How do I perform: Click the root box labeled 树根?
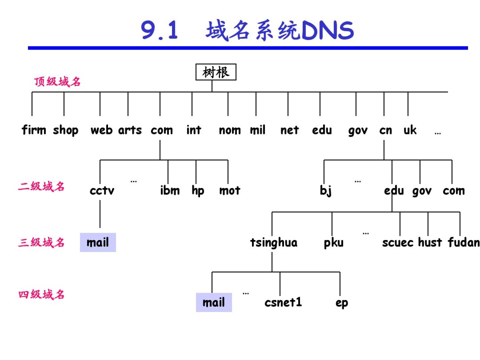pos(216,72)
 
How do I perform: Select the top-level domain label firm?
pos(34,130)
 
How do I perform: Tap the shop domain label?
pos(66,130)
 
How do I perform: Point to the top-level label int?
pos(194,130)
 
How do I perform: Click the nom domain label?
pos(230,130)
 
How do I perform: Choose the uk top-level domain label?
pos(410,130)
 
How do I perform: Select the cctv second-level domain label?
pos(102,191)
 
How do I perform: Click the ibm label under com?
pos(170,190)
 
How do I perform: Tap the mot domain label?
pos(230,190)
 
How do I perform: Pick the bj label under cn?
pos(326,191)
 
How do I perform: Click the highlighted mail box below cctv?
pos(98,242)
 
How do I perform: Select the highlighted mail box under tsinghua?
pos(214,302)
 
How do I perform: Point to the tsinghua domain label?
pos(274,243)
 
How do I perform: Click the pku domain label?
pos(333,243)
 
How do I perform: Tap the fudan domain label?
pos(464,242)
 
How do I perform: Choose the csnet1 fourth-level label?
pos(283,302)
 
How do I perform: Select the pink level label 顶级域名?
pos(57,82)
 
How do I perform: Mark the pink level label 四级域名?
pos(41,294)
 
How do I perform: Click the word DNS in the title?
pos(327,30)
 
